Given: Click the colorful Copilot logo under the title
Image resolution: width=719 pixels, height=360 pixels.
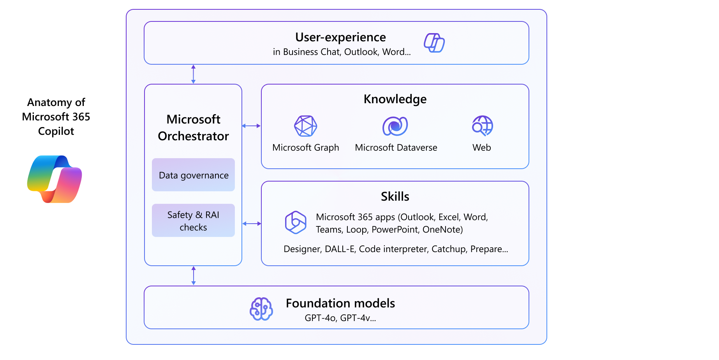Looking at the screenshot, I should click(55, 179).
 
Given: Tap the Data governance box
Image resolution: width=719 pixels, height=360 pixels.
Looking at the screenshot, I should click(193, 175).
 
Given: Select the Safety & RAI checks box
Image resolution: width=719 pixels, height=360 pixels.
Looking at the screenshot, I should click(193, 221).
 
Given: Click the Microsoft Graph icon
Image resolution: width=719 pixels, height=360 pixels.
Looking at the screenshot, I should click(305, 126).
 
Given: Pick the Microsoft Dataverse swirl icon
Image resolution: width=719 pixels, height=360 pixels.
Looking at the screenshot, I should click(395, 126).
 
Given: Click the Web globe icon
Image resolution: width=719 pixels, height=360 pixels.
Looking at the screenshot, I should click(482, 126).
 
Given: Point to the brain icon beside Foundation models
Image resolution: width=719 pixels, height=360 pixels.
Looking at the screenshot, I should click(261, 309).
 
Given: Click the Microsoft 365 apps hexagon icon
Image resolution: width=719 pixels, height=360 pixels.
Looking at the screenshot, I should click(296, 222).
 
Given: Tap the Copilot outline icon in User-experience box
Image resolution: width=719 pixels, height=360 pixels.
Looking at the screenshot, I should click(434, 43).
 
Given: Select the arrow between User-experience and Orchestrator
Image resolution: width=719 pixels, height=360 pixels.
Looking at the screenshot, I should click(193, 74).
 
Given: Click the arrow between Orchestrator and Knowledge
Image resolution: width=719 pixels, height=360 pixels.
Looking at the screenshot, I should click(251, 126).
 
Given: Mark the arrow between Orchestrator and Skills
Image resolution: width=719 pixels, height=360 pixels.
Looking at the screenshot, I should click(252, 224).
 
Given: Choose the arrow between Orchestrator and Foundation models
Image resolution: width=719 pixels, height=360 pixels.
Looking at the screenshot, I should click(194, 276).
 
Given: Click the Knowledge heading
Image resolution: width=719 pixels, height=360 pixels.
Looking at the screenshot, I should click(395, 99).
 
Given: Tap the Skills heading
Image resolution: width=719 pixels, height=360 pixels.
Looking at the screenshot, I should click(395, 196).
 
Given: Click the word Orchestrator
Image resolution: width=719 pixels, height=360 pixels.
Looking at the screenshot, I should click(193, 136).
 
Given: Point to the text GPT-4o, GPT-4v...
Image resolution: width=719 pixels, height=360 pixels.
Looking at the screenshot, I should click(340, 318).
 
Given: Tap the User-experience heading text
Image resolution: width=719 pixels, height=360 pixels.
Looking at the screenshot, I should click(340, 37).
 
